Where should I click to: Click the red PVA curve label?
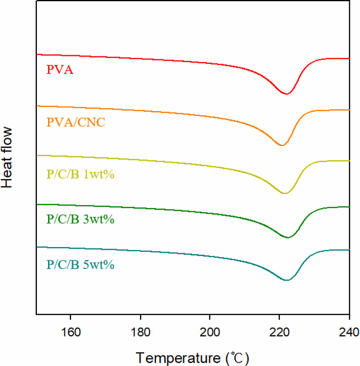[x=60, y=70]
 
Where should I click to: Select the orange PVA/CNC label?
[x=76, y=122]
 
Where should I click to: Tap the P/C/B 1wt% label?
[x=80, y=174]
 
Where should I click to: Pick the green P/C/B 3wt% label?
[x=80, y=219]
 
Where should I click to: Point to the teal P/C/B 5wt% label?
[x=80, y=265]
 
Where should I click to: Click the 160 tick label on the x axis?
[x=71, y=332]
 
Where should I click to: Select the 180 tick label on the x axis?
[x=140, y=332]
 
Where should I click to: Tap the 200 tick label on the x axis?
[x=210, y=332]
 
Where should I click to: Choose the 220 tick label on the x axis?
[x=279, y=332]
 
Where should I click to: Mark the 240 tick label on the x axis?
[x=349, y=332]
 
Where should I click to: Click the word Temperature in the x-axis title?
[x=178, y=358]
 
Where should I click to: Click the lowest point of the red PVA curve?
[x=287, y=94]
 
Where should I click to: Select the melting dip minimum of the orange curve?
[x=282, y=145]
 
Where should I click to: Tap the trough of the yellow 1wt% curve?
[x=284, y=193]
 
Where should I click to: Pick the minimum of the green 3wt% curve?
[x=287, y=238]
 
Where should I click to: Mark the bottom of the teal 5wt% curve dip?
[x=287, y=280]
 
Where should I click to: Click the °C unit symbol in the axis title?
[x=237, y=358]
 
